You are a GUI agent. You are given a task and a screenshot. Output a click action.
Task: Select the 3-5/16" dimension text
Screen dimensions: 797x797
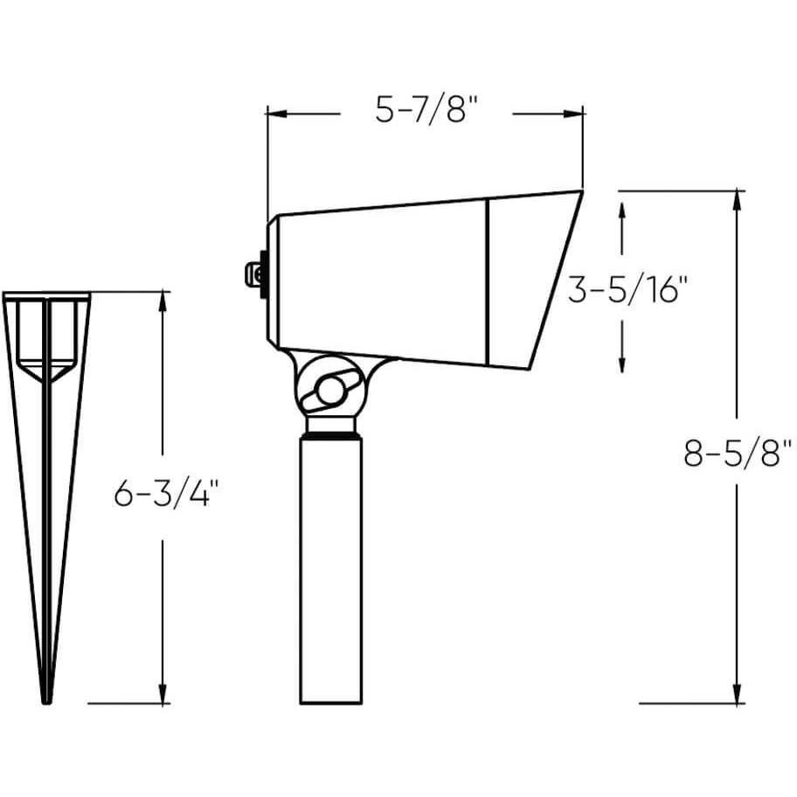[x=627, y=289]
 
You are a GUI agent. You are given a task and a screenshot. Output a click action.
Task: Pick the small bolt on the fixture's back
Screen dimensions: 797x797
[x=253, y=274]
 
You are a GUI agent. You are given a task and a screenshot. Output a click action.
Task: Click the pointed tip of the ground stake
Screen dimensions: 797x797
[x=47, y=702]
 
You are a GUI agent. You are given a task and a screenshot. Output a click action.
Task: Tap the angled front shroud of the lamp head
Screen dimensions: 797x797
[x=534, y=280]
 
